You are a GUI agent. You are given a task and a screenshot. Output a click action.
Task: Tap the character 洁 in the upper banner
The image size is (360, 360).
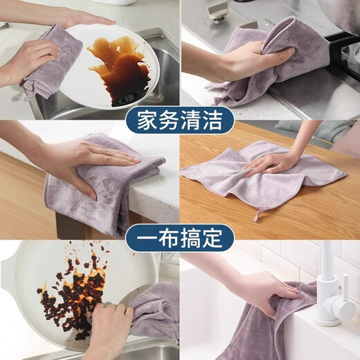tap(213, 121)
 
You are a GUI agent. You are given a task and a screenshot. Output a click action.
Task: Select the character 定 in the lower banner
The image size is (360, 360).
tap(213, 238)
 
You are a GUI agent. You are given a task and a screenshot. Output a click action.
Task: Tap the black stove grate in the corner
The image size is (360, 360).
tap(346, 48)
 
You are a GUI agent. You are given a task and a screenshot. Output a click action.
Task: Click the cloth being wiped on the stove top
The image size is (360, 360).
tap(277, 62)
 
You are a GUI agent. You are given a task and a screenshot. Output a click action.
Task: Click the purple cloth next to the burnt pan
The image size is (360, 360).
tap(156, 312)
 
